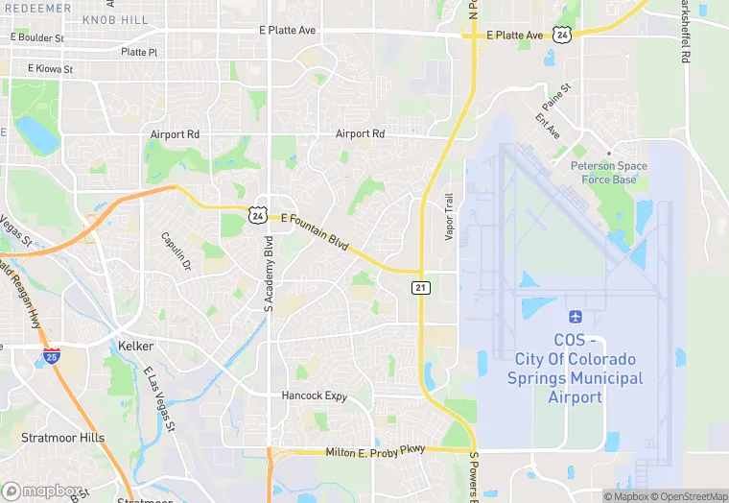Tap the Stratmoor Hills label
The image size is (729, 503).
tap(62, 438)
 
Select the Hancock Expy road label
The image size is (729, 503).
tap(314, 395)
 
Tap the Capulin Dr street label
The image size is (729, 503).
tap(176, 251)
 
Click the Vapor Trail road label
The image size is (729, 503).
tap(448, 216)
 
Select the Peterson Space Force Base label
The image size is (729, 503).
tap(609, 172)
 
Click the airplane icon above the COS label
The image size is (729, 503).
tap(576, 317)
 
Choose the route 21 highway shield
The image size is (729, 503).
tap(421, 287)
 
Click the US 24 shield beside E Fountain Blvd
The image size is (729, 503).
tap(256, 215)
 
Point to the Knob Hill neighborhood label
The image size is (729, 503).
tap(115, 19)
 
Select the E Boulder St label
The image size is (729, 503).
tap(38, 38)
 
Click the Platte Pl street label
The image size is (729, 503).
tap(139, 52)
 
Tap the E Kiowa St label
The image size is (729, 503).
tap(50, 69)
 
